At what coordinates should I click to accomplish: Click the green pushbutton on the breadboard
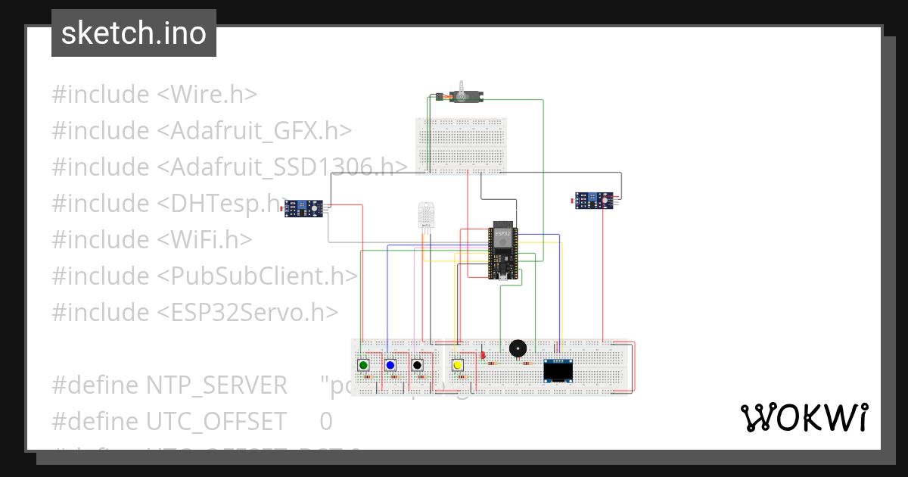pyautogui.click(x=364, y=366)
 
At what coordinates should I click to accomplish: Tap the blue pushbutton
pyautogui.click(x=390, y=366)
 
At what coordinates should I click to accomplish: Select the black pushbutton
pyautogui.click(x=417, y=366)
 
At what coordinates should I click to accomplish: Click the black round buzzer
pyautogui.click(x=518, y=348)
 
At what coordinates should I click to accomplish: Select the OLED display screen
pyautogui.click(x=558, y=371)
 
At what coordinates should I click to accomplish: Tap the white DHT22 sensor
pyautogui.click(x=427, y=217)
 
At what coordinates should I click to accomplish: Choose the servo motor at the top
pyautogui.click(x=462, y=96)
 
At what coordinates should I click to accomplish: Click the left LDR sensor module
pyautogui.click(x=304, y=207)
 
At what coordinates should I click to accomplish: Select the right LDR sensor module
pyautogui.click(x=595, y=200)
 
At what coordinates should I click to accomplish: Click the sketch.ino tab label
pyautogui.click(x=134, y=33)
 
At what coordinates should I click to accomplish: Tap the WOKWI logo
pyautogui.click(x=804, y=417)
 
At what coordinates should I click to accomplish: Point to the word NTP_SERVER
pyautogui.click(x=216, y=385)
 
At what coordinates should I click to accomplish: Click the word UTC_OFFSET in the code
pyautogui.click(x=216, y=421)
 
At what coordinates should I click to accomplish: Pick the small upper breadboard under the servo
pyautogui.click(x=461, y=144)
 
